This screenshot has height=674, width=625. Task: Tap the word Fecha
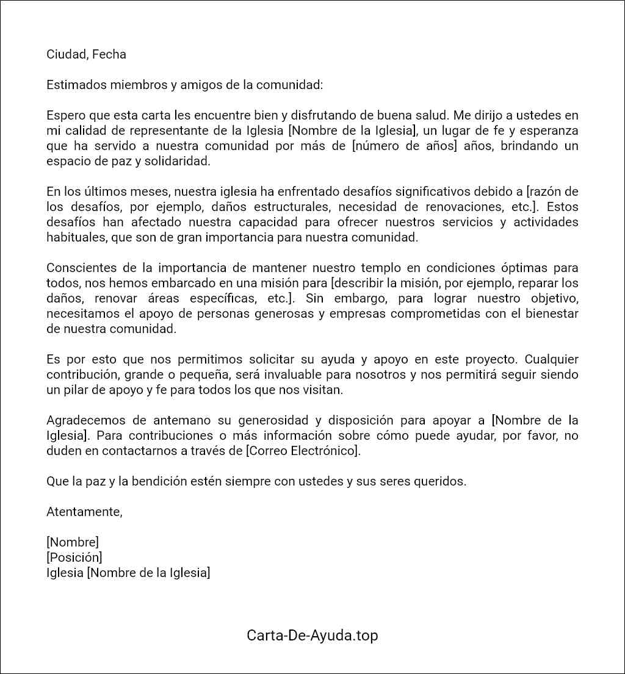pyautogui.click(x=109, y=54)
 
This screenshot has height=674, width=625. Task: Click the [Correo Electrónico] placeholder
pyautogui.click(x=309, y=451)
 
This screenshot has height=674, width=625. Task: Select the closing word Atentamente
pyautogui.click(x=84, y=512)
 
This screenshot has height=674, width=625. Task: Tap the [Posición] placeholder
pyautogui.click(x=74, y=558)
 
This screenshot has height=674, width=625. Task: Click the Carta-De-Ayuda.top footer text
pyautogui.click(x=312, y=636)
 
